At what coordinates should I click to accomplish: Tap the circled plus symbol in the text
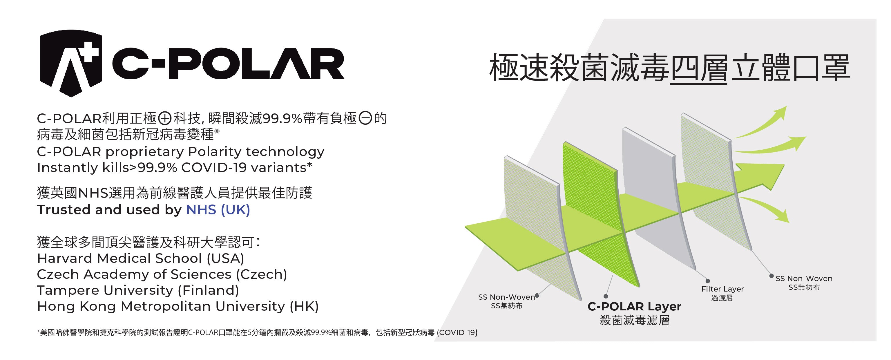tap(165, 119)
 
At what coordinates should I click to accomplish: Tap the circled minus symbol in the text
tap(365, 118)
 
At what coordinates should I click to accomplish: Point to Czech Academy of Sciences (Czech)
tap(162, 274)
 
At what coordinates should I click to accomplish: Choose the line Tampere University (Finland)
tap(138, 290)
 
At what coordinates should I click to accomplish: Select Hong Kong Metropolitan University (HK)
tap(178, 306)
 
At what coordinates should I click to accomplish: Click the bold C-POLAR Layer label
tap(634, 306)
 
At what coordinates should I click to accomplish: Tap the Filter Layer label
tap(722, 289)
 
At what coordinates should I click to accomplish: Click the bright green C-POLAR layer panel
tap(600, 214)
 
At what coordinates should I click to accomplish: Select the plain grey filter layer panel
tap(657, 197)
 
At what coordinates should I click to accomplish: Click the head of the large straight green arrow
tap(766, 175)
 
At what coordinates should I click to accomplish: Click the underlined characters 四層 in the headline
tap(699, 68)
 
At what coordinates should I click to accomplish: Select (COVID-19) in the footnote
tap(457, 333)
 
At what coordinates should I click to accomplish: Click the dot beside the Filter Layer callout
tap(708, 281)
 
